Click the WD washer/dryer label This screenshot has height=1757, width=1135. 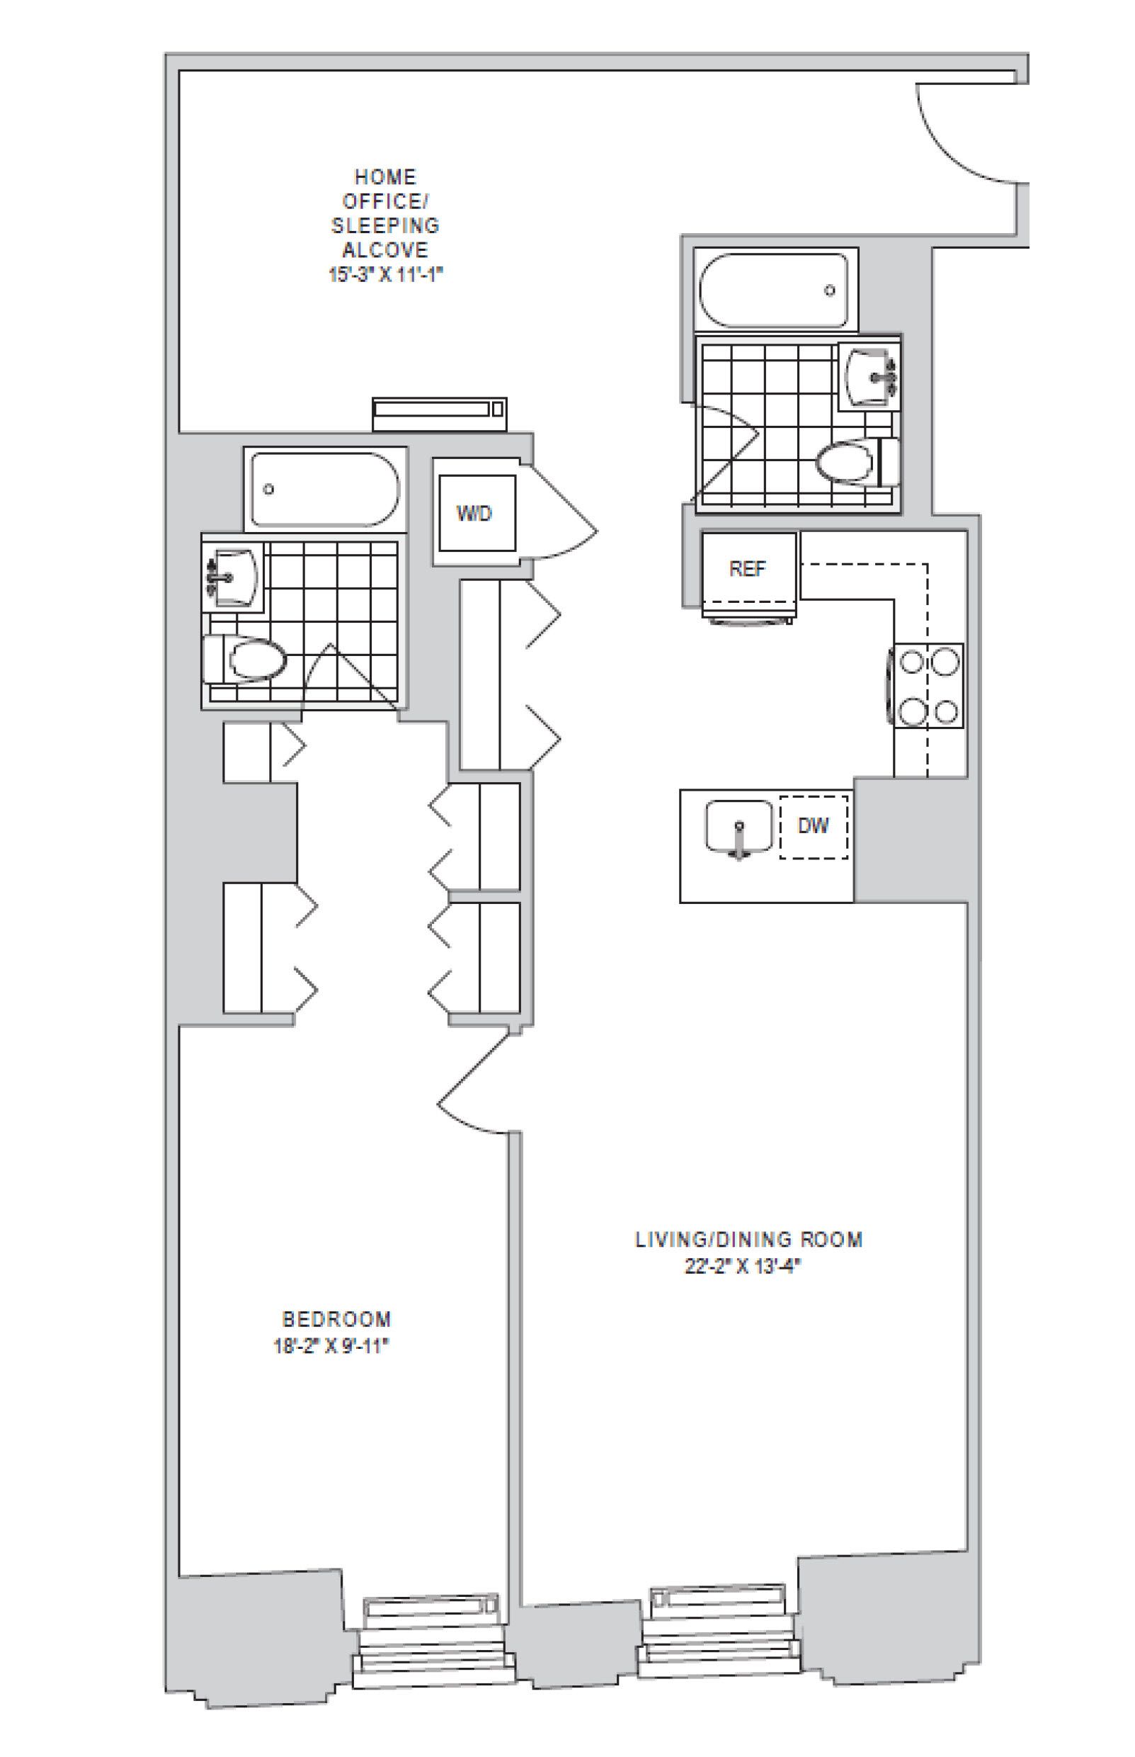474,514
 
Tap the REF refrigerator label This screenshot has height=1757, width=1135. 747,568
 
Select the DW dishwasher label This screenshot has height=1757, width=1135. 814,825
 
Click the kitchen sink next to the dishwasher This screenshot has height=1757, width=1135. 738,827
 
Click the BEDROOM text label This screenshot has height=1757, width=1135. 337,1318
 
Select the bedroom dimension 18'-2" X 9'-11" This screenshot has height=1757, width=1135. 331,1346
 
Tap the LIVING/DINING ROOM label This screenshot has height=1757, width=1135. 749,1238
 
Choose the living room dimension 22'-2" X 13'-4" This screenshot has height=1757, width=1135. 741,1267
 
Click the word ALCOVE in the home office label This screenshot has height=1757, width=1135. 384,249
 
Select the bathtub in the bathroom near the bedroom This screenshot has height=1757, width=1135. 325,489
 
